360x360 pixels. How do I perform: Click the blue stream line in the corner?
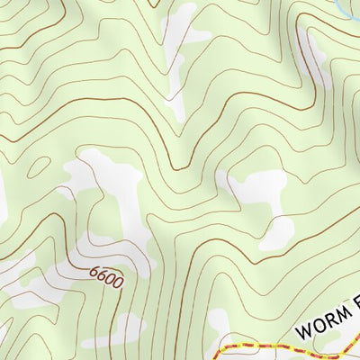point(346,11)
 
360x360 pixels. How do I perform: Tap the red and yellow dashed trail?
point(270,346)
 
